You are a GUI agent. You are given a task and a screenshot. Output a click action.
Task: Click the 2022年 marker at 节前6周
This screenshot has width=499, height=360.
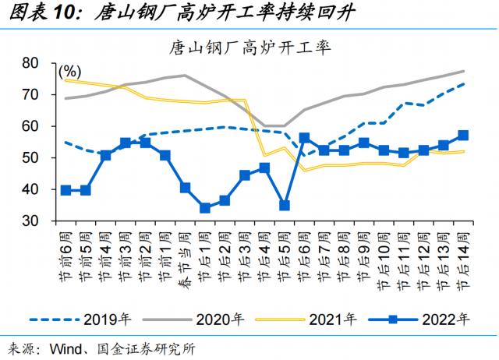tap(66, 190)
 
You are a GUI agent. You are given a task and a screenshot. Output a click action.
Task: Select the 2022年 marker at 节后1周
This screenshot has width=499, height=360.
tap(205, 208)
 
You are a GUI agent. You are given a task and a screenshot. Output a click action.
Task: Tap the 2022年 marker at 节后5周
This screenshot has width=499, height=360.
tap(285, 206)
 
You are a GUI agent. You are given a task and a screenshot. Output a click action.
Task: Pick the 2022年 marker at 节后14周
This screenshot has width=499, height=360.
tap(463, 135)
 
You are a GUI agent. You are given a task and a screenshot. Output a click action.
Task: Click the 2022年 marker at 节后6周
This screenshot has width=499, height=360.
tap(304, 138)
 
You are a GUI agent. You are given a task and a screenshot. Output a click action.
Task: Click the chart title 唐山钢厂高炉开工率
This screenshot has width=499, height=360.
tap(250, 47)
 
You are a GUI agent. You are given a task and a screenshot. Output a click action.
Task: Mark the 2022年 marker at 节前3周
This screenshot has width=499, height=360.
tap(126, 143)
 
